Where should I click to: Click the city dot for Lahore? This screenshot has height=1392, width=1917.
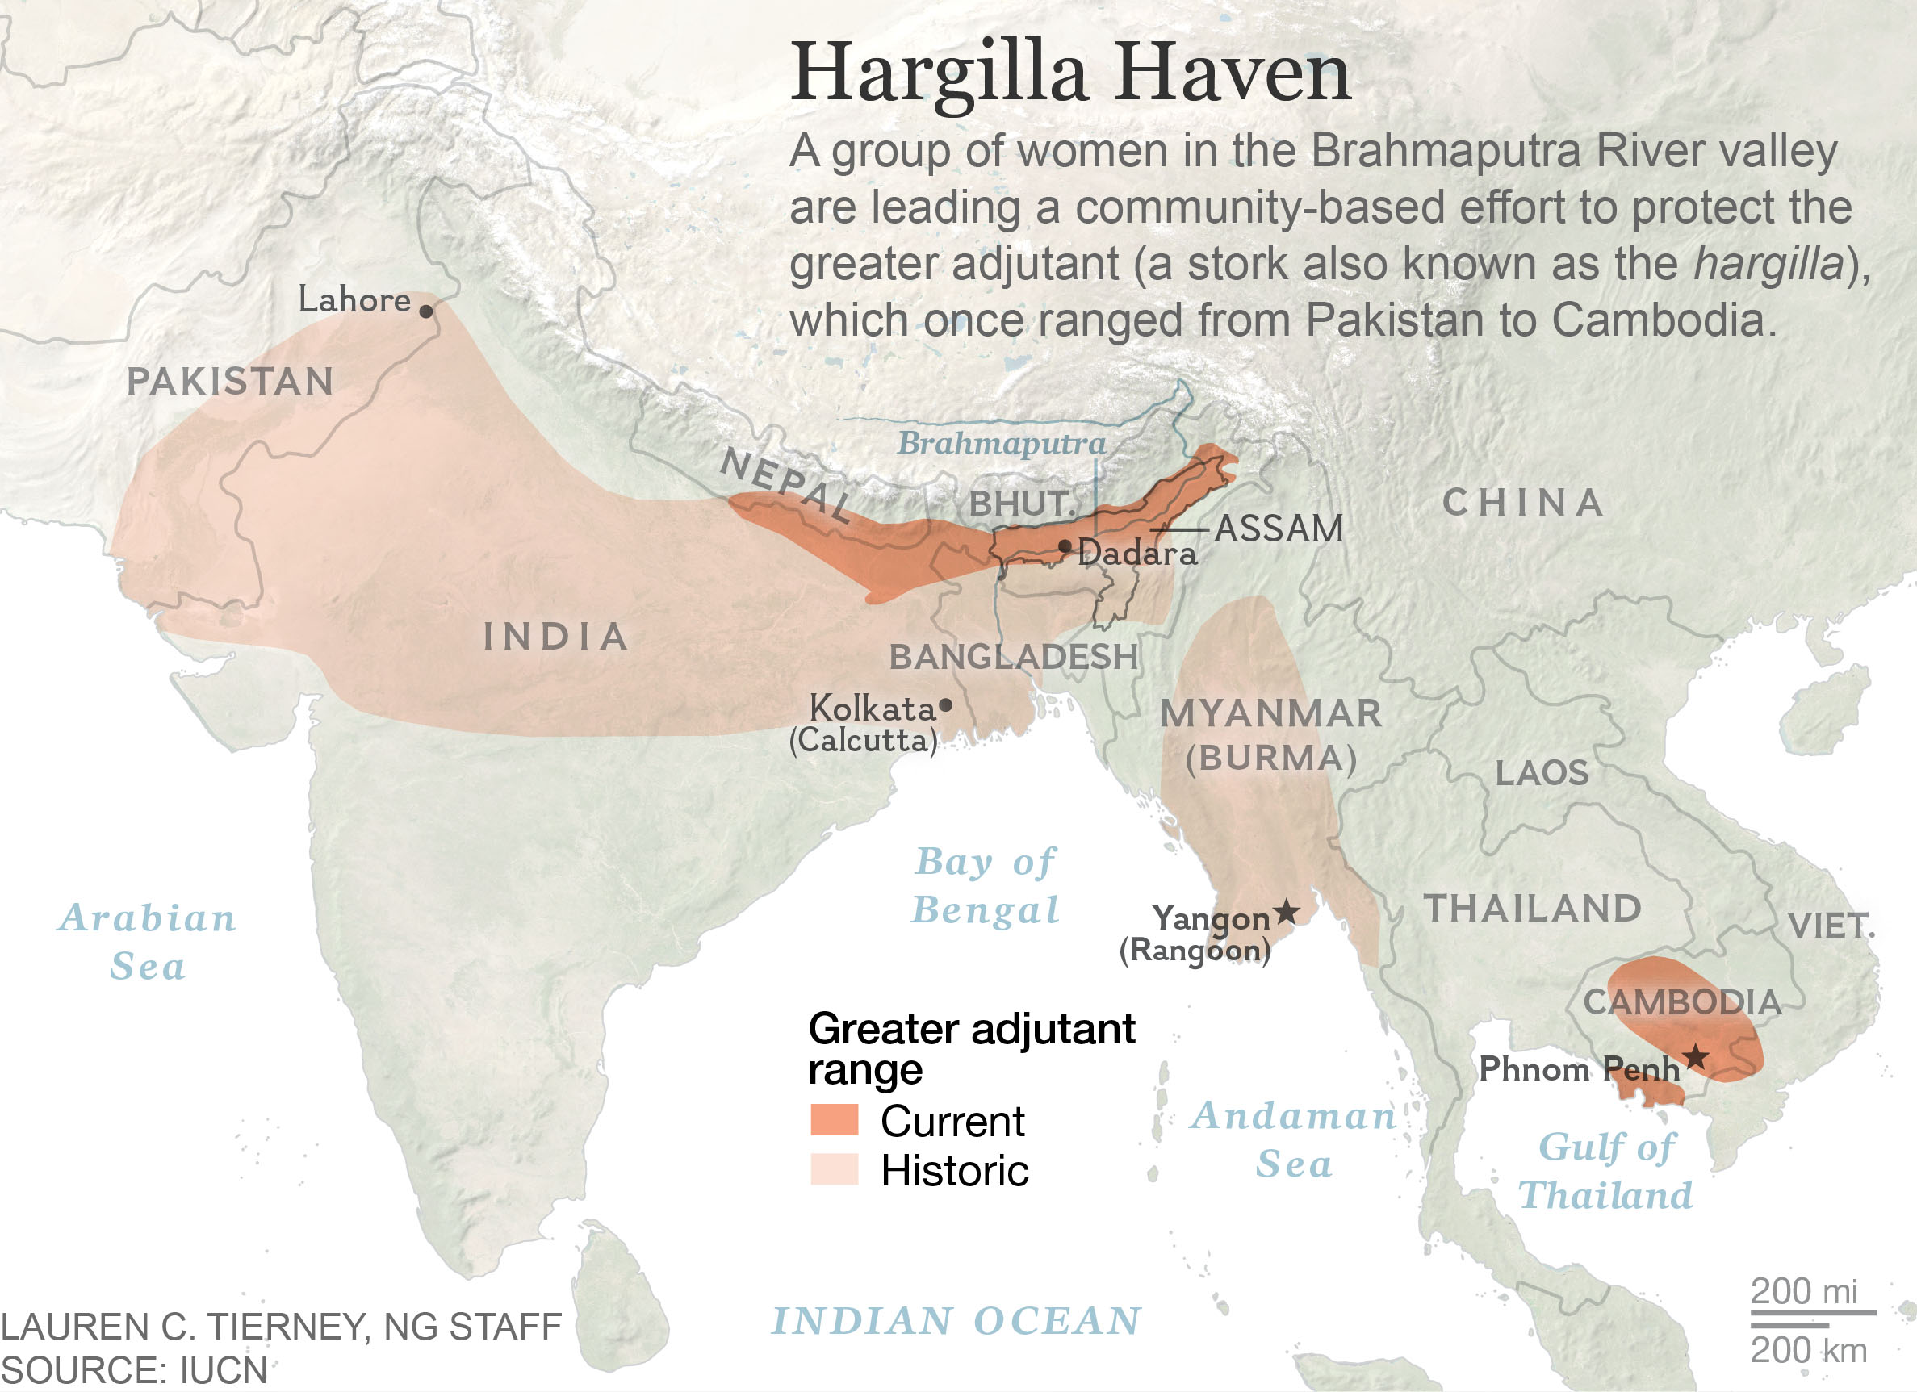pyautogui.click(x=426, y=311)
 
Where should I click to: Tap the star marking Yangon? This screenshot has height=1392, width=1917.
pyautogui.click(x=1287, y=912)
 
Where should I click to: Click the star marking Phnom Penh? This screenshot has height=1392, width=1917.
pyautogui.click(x=1696, y=1056)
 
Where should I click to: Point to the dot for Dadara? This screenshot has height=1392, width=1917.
pyautogui.click(x=1065, y=546)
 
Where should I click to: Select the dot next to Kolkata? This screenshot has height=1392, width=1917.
pyautogui.click(x=946, y=704)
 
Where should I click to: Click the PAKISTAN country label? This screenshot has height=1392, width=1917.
pyautogui.click(x=230, y=381)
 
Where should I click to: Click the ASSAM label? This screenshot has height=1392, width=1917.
pyautogui.click(x=1278, y=529)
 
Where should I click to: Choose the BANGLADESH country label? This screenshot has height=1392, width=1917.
pyautogui.click(x=1014, y=657)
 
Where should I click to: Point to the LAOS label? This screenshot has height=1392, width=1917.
pyautogui.click(x=1542, y=772)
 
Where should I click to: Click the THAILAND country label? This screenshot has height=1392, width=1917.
pyautogui.click(x=1534, y=909)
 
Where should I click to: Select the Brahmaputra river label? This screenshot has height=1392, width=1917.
pyautogui.click(x=1001, y=443)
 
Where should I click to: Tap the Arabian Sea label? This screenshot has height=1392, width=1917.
pyautogui.click(x=148, y=941)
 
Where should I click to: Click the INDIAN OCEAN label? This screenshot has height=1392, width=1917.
pyautogui.click(x=956, y=1320)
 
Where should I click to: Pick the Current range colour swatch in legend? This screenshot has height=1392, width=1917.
pyautogui.click(x=835, y=1120)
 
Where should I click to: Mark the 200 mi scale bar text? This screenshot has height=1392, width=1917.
pyautogui.click(x=1803, y=1290)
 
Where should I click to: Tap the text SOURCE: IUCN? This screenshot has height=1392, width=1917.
pyautogui.click(x=133, y=1370)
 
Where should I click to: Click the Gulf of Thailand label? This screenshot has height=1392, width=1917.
pyautogui.click(x=1606, y=1171)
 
